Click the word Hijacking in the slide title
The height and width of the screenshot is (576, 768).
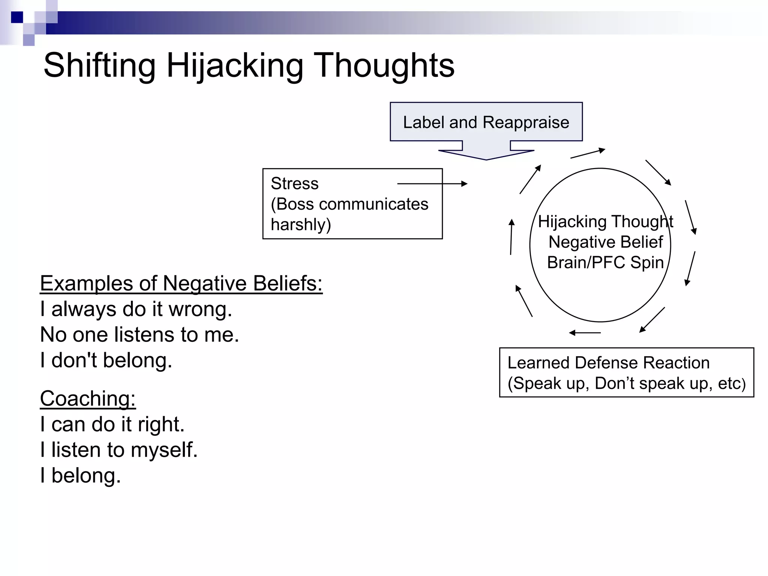tap(234, 66)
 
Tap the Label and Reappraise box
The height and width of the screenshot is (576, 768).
tap(486, 122)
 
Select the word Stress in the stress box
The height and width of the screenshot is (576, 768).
tap(294, 184)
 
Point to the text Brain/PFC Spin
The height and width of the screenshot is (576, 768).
tap(605, 262)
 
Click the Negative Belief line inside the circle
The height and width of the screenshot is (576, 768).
tap(606, 242)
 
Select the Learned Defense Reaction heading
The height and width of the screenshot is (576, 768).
tap(608, 363)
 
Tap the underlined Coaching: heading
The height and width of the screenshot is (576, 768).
tap(88, 398)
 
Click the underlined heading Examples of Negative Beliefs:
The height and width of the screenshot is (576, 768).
tap(181, 283)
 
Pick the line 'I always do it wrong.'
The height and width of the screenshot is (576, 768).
tap(136, 309)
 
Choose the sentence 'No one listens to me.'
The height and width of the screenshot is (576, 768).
tap(139, 334)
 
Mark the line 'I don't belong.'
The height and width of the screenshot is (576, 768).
tap(106, 360)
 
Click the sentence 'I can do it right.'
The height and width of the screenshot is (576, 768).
tap(112, 424)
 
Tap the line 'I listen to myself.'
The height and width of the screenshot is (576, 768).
tap(119, 450)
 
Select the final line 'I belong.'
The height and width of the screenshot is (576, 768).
tap(81, 475)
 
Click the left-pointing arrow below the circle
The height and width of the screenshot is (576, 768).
tap(585, 333)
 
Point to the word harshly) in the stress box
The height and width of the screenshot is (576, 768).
tap(301, 225)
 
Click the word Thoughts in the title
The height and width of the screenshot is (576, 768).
tap(384, 66)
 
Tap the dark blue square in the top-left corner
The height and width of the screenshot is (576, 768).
tap(17, 17)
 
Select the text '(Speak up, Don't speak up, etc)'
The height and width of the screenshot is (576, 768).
tap(626, 383)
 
